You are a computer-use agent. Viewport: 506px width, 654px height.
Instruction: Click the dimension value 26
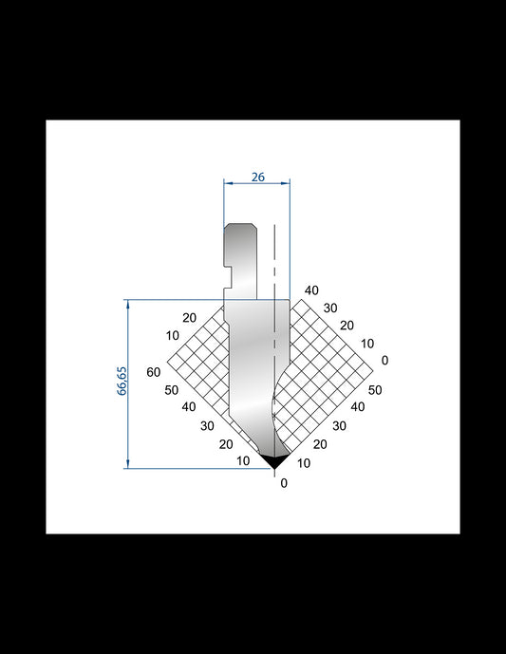258,178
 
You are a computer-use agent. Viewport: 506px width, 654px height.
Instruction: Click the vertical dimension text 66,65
122,381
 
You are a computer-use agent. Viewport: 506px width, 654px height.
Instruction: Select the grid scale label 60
154,372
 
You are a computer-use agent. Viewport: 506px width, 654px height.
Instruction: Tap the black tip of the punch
274,460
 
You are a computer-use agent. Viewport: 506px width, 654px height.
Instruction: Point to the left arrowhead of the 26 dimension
228,182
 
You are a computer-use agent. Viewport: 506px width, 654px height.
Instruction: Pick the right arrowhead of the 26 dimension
286,182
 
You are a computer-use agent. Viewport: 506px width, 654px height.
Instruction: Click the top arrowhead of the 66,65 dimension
128,304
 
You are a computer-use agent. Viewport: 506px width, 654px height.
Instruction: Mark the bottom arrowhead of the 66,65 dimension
128,464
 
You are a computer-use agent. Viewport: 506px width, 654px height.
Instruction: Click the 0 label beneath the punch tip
284,483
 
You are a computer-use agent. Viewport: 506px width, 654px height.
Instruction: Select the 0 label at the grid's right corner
384,360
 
